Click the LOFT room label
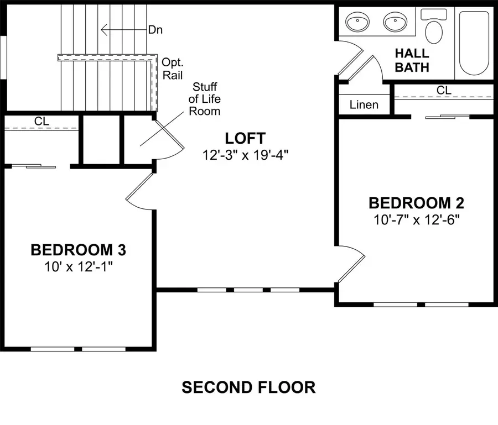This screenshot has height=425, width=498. [245, 138]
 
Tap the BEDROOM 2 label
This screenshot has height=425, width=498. [416, 202]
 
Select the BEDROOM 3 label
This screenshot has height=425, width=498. [78, 250]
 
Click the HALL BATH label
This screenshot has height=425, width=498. [412, 60]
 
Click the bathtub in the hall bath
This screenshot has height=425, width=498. [474, 43]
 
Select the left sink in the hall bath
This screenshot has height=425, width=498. [357, 23]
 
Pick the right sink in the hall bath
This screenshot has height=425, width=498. [396, 23]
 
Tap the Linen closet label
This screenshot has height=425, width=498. [364, 104]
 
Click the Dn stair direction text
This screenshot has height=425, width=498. [156, 30]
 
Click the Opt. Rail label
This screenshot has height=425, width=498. [173, 69]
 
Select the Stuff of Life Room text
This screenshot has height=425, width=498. [205, 99]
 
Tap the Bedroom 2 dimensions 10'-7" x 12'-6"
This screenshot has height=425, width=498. [416, 219]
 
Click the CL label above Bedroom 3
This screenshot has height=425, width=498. [41, 120]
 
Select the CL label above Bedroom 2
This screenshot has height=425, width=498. [443, 90]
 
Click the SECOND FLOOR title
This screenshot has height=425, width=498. [248, 387]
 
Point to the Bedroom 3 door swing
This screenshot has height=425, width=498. [139, 191]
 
